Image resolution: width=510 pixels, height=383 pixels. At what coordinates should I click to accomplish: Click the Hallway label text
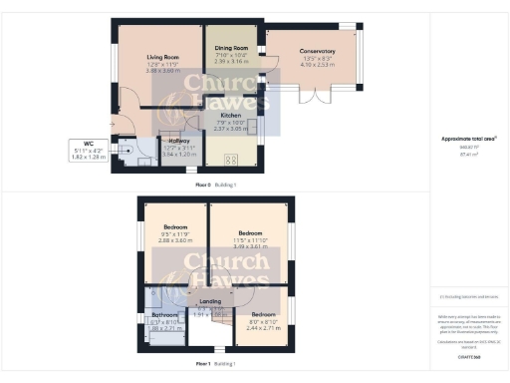[x=174, y=141]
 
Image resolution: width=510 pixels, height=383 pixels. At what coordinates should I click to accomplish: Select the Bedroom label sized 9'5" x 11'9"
[x=175, y=227]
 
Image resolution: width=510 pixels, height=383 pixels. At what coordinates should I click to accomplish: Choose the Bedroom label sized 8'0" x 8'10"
[x=263, y=314]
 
